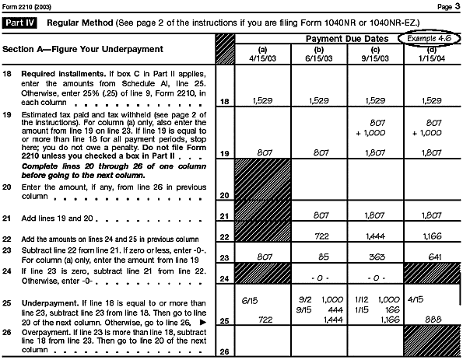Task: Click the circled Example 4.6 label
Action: tap(427, 38)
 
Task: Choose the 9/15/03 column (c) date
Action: tap(372, 56)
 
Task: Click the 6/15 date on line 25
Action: tap(250, 299)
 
